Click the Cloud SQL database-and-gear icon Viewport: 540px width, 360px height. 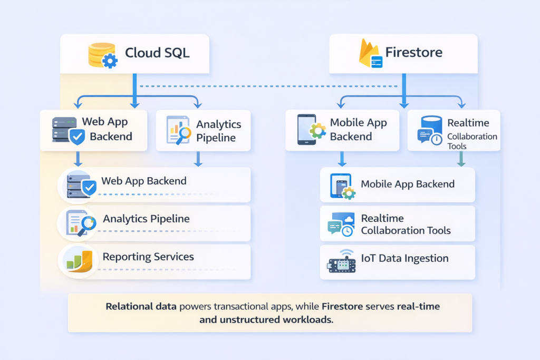102,54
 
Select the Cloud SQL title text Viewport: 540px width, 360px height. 157,53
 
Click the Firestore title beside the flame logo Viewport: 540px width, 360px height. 413,53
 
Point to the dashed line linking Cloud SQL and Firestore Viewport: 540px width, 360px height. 269,86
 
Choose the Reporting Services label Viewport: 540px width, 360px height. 148,257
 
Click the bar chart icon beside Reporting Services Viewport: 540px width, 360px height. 78,260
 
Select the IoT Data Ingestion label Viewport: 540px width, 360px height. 404,258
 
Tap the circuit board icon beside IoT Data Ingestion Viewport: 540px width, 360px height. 341,262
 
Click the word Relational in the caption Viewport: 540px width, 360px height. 131,306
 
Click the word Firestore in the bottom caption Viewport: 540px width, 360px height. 343,306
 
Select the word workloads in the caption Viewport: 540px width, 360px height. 309,319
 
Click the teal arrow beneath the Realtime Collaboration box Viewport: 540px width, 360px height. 461,159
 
